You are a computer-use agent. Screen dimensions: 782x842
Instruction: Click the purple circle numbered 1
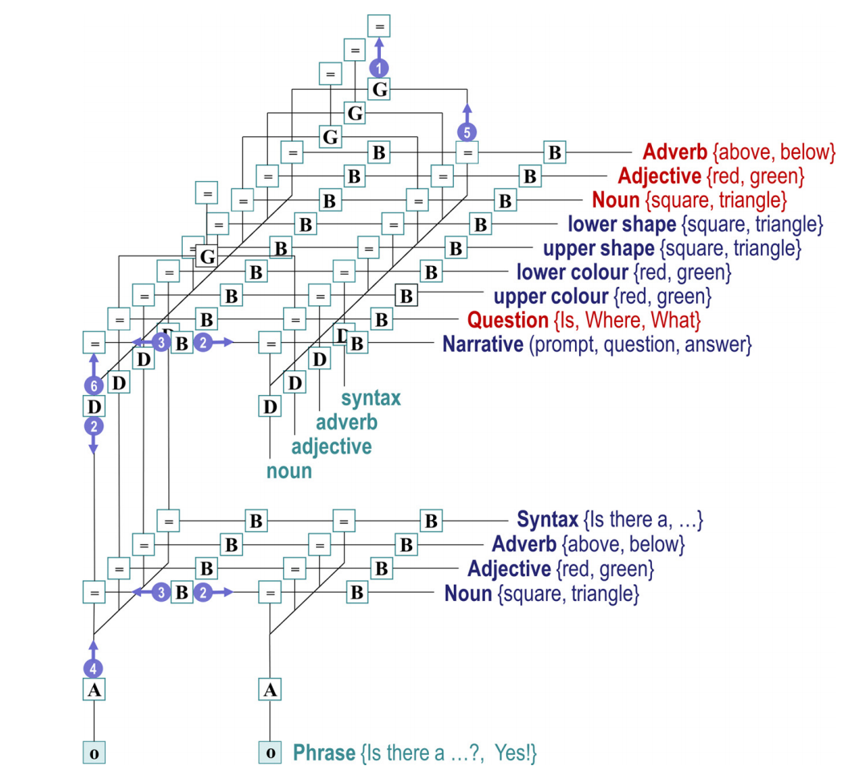coord(381,68)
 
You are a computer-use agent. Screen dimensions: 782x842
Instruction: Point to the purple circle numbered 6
coord(93,385)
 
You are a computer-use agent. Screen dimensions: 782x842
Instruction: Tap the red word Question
coord(507,320)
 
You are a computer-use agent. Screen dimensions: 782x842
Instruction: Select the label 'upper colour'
coord(550,296)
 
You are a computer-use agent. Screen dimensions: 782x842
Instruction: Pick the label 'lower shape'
coord(621,224)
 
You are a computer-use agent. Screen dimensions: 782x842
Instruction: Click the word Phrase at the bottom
coord(324,752)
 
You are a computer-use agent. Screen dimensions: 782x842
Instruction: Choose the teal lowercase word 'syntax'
coord(370,397)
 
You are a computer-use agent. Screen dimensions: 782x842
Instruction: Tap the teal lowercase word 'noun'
coord(289,470)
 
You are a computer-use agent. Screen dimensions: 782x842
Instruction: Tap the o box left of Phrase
coord(270,752)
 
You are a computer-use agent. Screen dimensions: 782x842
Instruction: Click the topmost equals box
coord(379,26)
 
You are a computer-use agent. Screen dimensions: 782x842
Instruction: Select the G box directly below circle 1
coord(379,90)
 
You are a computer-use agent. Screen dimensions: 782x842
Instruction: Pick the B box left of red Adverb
coord(553,151)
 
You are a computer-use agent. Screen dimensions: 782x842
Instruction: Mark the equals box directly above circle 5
coord(468,151)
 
